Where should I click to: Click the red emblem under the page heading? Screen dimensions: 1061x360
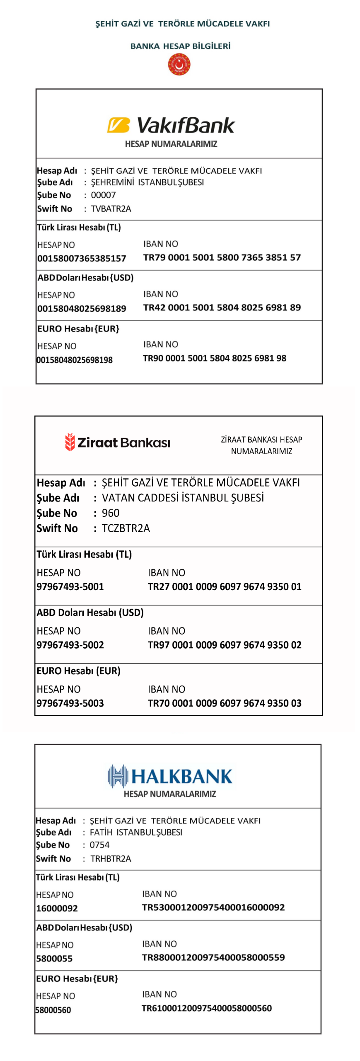(x=179, y=65)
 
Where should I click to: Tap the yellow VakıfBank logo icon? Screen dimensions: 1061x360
(x=118, y=125)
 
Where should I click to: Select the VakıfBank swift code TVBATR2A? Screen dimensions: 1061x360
(x=111, y=208)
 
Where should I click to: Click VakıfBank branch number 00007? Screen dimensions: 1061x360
(x=103, y=195)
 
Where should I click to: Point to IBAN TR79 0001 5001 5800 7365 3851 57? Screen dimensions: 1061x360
(x=222, y=257)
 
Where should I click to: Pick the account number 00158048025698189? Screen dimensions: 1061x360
(x=82, y=308)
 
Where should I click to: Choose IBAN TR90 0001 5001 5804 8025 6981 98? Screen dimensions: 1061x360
(x=214, y=358)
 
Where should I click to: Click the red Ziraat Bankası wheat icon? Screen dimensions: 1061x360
(x=70, y=442)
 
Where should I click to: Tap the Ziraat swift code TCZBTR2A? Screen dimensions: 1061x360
(x=126, y=528)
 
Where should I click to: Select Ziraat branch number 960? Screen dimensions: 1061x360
(x=110, y=513)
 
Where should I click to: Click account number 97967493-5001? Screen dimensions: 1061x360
(x=70, y=586)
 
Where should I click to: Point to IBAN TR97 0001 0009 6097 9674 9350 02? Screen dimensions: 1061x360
(x=224, y=645)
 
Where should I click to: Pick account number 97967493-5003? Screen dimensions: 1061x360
(x=70, y=703)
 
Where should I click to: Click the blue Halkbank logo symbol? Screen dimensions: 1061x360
(x=118, y=776)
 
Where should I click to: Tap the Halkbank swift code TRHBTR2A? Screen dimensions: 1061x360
(x=110, y=858)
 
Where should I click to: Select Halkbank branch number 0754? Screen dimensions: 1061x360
(x=99, y=845)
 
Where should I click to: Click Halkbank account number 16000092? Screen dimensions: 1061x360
(x=57, y=908)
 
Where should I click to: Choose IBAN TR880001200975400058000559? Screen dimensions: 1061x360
(x=213, y=957)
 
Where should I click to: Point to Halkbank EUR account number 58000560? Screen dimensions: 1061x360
(x=53, y=1010)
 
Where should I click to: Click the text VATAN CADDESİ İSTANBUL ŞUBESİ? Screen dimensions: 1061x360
(x=182, y=498)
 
